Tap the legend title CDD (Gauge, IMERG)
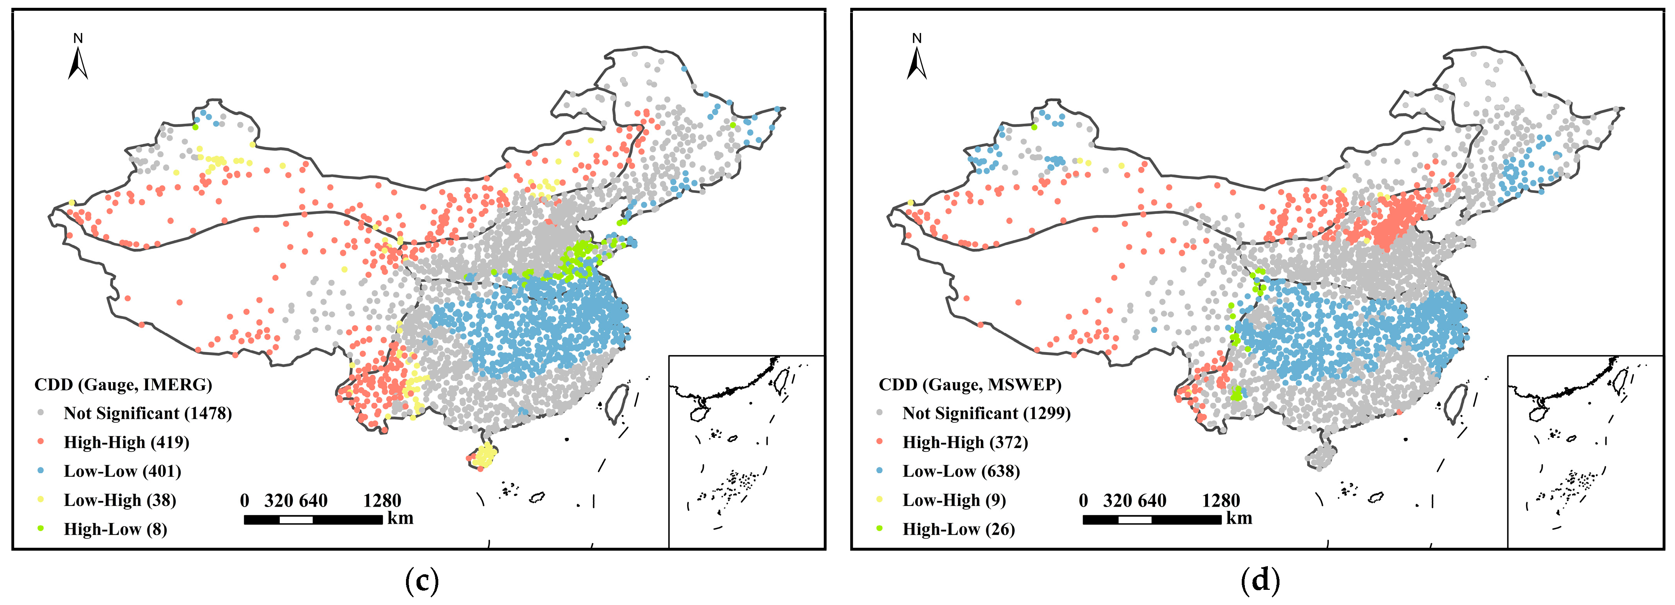pos(123,385)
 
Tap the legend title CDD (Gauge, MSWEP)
pos(970,385)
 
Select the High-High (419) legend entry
pos(126,442)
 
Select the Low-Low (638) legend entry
pos(961,471)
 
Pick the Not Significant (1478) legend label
pos(148,413)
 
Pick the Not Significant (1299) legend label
pos(986,413)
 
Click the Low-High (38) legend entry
pos(120,500)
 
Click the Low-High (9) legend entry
pos(954,500)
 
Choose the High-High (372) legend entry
pos(965,442)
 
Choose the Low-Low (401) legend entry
pos(122,471)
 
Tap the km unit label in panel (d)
pos(1239,518)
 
